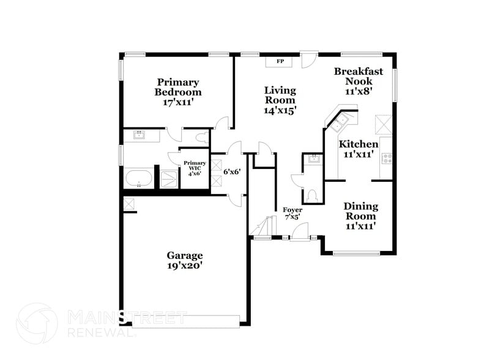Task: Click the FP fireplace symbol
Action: coord(280,62)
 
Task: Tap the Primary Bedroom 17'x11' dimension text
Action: coord(178,103)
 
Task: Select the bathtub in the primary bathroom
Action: coord(140,179)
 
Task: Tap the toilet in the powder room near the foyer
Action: coord(312,195)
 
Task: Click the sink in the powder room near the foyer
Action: coord(313,160)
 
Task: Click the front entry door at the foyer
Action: coord(299,233)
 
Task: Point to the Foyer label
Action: coord(292,210)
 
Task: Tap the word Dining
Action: coord(360,206)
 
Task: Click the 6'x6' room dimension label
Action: coord(231,172)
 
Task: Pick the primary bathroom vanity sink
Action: coord(140,135)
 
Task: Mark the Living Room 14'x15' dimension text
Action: coord(280,110)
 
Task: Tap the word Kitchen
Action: coord(359,144)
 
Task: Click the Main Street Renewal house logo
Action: coord(36,323)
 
